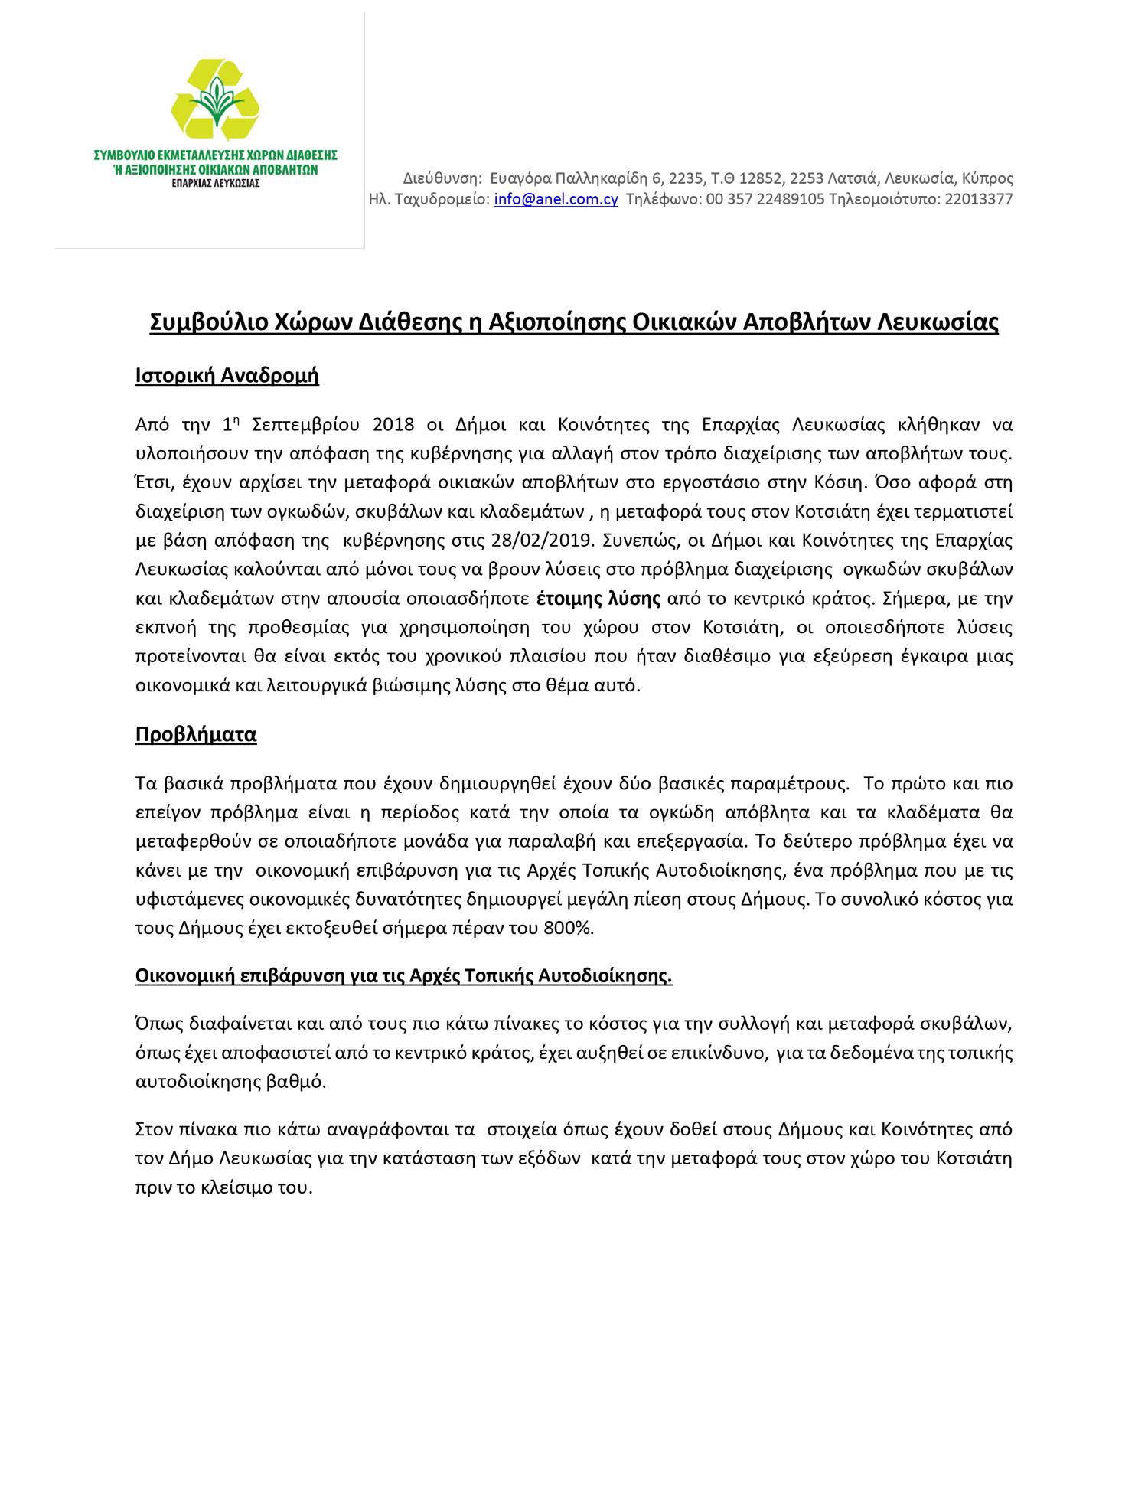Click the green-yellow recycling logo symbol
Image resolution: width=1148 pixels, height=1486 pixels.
pyautogui.click(x=216, y=100)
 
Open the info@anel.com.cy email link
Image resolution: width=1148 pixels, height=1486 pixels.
pyautogui.click(x=556, y=199)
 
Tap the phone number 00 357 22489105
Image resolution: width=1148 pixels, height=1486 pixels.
pyautogui.click(x=765, y=199)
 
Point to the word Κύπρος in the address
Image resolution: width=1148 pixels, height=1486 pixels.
pyautogui.click(x=987, y=178)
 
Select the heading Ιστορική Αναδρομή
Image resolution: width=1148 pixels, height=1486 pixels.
pyautogui.click(x=227, y=376)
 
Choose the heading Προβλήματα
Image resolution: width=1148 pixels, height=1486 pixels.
pyautogui.click(x=196, y=734)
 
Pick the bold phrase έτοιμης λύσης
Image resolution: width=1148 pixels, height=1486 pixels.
pyautogui.click(x=598, y=598)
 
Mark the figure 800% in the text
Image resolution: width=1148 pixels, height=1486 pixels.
pyautogui.click(x=568, y=929)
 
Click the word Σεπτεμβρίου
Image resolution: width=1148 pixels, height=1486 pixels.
pyautogui.click(x=305, y=425)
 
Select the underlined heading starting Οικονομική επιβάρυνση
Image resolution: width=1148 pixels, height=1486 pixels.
pyautogui.click(x=403, y=976)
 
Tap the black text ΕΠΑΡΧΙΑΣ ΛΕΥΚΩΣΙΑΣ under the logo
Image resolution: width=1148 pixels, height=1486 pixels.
pyautogui.click(x=215, y=184)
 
